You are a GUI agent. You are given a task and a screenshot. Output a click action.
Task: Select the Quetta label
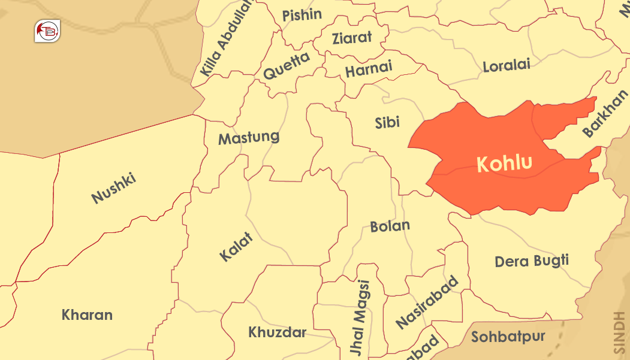[x=287, y=66]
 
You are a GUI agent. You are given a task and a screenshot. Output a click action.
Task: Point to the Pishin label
[x=302, y=15]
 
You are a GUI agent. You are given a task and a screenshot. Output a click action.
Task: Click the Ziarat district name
[x=351, y=38]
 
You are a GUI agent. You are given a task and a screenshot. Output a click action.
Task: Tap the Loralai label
[x=507, y=65]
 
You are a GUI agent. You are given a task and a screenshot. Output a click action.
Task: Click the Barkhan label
[x=605, y=113]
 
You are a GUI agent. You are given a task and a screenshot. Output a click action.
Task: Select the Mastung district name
[x=249, y=138]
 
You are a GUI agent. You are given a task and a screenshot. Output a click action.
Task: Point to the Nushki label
[x=114, y=188]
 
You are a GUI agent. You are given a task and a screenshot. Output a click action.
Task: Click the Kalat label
[x=236, y=246]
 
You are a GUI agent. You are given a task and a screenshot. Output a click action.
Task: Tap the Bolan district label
[x=390, y=226]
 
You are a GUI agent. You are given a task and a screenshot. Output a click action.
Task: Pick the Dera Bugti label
[x=532, y=261]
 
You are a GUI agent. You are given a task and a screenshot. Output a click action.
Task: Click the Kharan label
[x=87, y=314]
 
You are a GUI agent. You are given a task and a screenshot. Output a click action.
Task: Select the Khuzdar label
[x=278, y=332]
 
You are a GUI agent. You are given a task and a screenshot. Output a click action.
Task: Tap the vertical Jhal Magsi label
[x=360, y=319]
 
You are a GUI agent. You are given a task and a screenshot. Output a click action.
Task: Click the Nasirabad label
[x=427, y=302]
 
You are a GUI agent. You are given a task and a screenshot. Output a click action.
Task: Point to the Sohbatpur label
[x=508, y=337]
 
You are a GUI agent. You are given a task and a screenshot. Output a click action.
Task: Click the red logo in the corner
[x=47, y=32]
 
